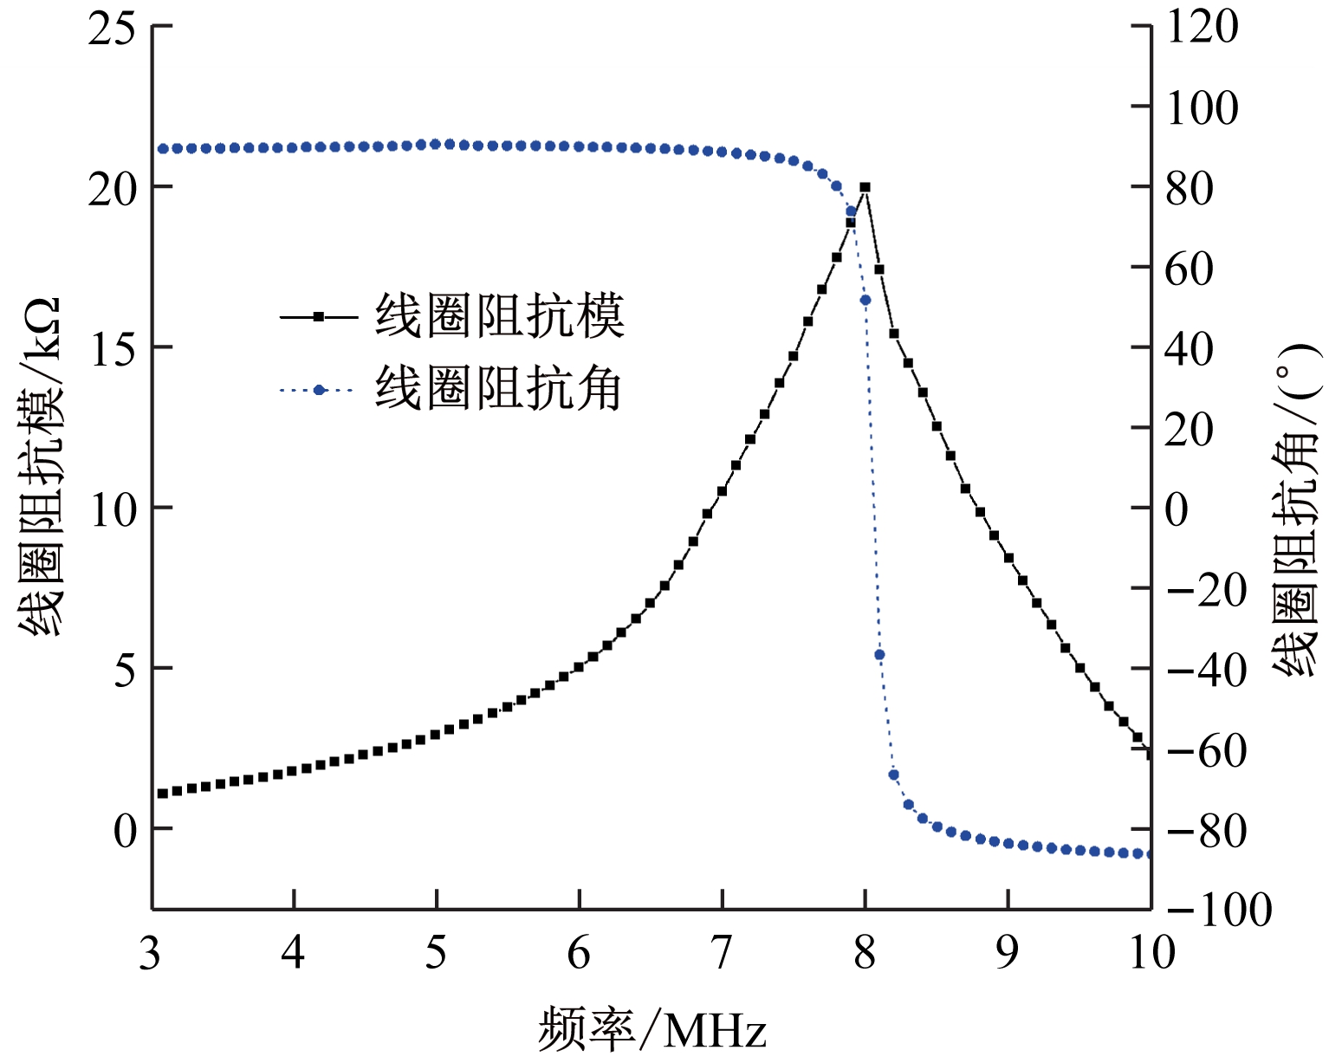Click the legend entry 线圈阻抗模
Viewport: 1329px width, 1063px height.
(x=499, y=316)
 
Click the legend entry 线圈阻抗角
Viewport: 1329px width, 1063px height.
(x=499, y=389)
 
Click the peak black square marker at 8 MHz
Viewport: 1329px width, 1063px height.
(x=865, y=187)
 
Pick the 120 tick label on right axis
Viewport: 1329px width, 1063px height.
(x=1202, y=27)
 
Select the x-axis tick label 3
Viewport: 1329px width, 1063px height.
(x=151, y=954)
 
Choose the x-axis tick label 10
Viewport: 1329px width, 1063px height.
(x=1151, y=954)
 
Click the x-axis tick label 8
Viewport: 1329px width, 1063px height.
(x=865, y=954)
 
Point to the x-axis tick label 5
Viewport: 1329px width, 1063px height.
(x=437, y=954)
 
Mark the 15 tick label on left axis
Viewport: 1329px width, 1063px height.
(x=113, y=348)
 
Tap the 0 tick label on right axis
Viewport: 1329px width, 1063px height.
(x=1177, y=509)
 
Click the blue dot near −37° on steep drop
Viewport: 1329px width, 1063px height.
(x=879, y=655)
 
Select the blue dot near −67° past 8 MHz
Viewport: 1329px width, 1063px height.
(x=893, y=775)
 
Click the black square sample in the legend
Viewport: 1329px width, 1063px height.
(x=319, y=317)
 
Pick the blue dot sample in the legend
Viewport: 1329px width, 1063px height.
(x=319, y=390)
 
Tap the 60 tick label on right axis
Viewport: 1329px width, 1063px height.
(x=1189, y=269)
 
